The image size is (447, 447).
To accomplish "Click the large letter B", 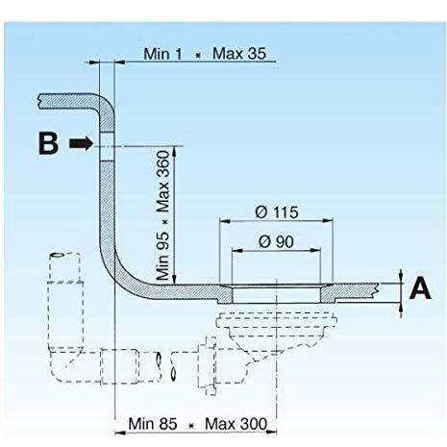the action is coord(48,143).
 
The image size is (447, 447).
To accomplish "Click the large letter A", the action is coord(420,288).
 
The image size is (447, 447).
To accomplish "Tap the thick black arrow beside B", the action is coord(81,143).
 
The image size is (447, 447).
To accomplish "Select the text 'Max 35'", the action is coord(239,53).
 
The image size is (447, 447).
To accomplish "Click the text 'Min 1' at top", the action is coord(162,54).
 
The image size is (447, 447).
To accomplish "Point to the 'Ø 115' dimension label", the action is coord(277,212).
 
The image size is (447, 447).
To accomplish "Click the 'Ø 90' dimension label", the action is coord(276,241).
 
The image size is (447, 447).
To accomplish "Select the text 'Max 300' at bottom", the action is coord(236,424).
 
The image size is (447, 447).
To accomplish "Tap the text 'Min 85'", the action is coord(153,424).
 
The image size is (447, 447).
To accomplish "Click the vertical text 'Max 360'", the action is coord(162,182).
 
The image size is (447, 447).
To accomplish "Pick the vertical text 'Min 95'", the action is coord(162,256).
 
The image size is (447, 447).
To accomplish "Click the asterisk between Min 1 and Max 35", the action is coord(198,55).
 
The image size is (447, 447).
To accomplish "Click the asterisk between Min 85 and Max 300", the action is coord(191,426).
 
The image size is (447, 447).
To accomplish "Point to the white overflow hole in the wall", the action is coord(107,146).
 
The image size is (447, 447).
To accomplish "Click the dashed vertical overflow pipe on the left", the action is coord(65,300).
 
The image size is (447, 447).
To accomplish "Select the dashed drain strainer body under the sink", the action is coord(277,334).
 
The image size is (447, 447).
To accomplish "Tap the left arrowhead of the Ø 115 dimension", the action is coord(225,221).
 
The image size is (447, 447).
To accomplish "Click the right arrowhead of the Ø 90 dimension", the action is coord(315,250).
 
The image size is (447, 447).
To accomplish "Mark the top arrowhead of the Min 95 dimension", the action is coord(174,151).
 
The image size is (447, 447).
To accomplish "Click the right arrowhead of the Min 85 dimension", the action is coord(271,433).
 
